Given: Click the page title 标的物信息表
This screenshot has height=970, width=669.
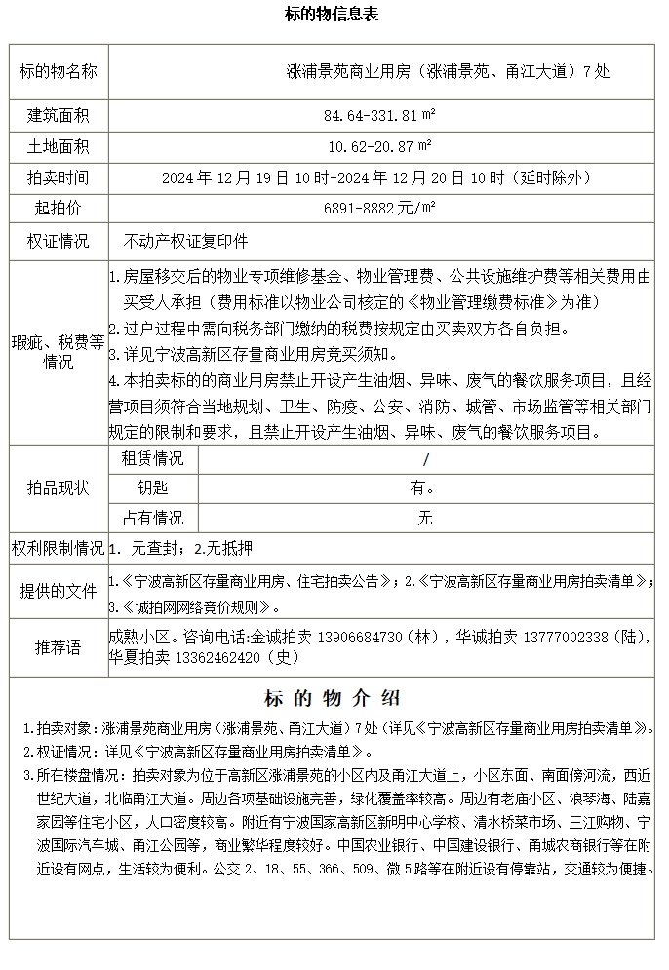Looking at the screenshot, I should (332, 15).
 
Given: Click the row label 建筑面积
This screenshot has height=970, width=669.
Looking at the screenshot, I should (59, 116).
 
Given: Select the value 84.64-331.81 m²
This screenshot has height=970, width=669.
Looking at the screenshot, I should (379, 116).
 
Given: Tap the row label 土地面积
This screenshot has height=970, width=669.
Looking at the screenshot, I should (59, 147).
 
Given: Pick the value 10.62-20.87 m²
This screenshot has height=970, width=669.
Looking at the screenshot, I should (379, 147).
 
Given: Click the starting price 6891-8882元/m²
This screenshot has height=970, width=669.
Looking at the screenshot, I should (379, 209).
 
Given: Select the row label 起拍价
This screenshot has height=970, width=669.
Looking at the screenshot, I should (59, 209).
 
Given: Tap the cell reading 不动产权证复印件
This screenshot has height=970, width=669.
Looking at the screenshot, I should (185, 241).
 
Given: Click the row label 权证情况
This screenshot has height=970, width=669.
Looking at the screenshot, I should (59, 241).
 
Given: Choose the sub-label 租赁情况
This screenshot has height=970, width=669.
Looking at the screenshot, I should (152, 458).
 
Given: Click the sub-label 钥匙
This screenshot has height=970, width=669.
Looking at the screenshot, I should (152, 488).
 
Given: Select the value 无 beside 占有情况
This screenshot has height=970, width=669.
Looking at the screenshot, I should (425, 519).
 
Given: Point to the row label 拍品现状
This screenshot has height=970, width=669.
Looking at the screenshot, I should (59, 488).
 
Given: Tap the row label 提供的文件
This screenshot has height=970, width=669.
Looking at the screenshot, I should (59, 591).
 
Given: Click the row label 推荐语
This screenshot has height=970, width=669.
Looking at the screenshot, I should (59, 646).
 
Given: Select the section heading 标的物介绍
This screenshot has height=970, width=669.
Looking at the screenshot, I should (333, 699).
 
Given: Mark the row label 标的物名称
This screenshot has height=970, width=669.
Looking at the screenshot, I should (59, 71).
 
